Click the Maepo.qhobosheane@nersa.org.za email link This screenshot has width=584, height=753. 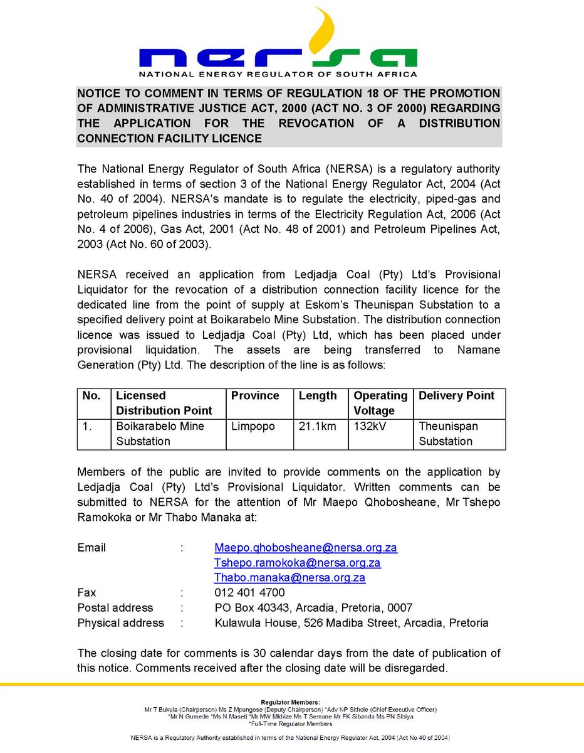point(306,547)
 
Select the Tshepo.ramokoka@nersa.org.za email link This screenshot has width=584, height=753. point(298,562)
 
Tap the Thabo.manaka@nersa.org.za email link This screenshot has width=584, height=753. point(289,577)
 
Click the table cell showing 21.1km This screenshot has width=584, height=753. point(318,426)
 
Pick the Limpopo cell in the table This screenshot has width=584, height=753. point(253,426)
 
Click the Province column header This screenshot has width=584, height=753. point(255,396)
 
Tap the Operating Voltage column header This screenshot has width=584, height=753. point(380,403)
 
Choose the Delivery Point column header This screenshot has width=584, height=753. point(456,396)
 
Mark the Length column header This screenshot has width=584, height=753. point(318,396)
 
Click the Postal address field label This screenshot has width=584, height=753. point(115,607)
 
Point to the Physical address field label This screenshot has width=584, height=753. point(121,622)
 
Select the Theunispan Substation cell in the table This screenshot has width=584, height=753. point(448,434)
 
